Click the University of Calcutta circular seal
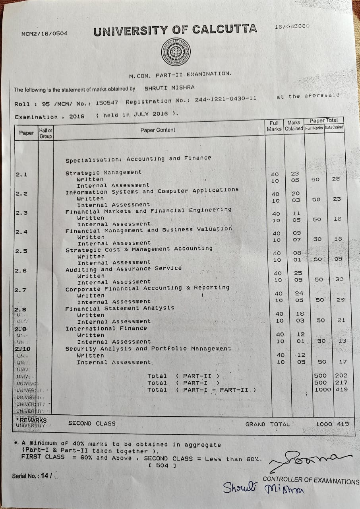[x=176, y=52]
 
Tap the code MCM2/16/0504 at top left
[x=45, y=33]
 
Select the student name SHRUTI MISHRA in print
[x=169, y=88]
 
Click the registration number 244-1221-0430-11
[x=225, y=99]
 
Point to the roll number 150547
[x=106, y=103]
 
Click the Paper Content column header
[x=157, y=130]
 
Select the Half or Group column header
[x=46, y=133]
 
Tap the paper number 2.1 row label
[x=21, y=175]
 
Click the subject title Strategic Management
[x=103, y=173]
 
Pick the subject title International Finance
[x=106, y=328]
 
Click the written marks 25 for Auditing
[x=298, y=273]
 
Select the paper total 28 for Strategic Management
[x=336, y=179]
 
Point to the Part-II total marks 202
[x=341, y=375]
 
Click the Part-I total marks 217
[x=341, y=383]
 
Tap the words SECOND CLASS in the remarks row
[x=92, y=424]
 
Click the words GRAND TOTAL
[x=268, y=424]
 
